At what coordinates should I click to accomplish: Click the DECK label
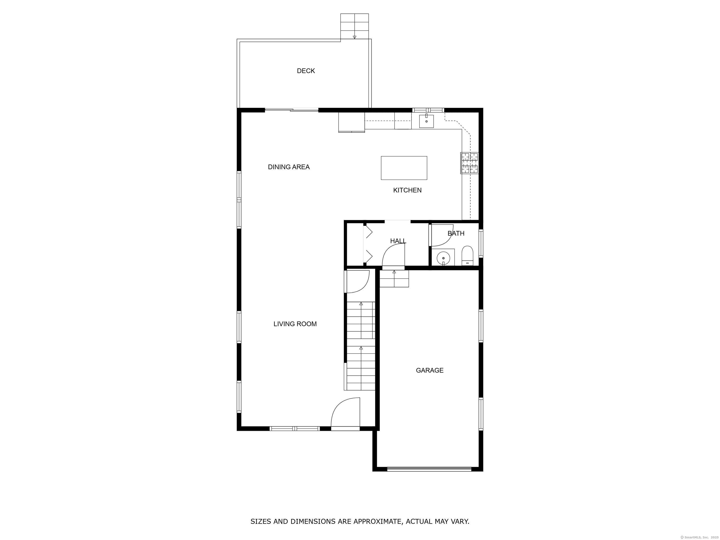click(x=306, y=71)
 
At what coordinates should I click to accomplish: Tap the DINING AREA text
click(x=289, y=167)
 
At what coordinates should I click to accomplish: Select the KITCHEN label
click(x=407, y=190)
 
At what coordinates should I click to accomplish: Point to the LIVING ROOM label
click(x=295, y=324)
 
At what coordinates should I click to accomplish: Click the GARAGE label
click(x=430, y=370)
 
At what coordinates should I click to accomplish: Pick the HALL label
click(x=398, y=241)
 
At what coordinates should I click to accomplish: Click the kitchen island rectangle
click(x=404, y=168)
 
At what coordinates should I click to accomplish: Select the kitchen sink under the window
click(x=426, y=121)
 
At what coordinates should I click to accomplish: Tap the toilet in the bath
click(x=467, y=256)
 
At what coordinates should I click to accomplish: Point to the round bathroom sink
click(x=443, y=258)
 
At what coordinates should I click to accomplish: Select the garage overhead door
click(x=429, y=469)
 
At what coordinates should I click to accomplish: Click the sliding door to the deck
click(x=292, y=110)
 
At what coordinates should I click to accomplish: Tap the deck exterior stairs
click(x=354, y=26)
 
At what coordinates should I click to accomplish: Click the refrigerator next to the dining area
click(x=352, y=122)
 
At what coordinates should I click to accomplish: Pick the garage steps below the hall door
click(x=394, y=279)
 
